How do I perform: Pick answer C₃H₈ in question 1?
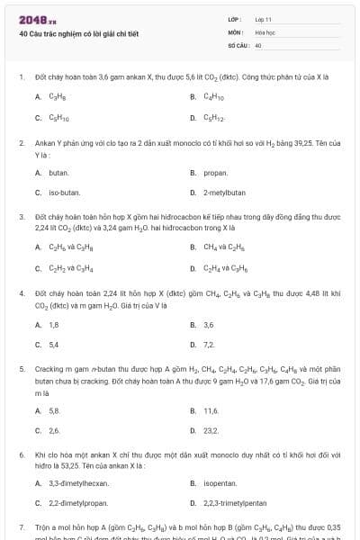(58, 96)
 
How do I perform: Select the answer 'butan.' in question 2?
(58, 172)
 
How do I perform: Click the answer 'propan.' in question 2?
(215, 172)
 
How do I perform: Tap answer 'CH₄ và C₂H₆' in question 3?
(223, 247)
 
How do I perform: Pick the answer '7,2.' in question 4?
(210, 345)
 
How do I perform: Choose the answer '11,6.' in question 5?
(211, 410)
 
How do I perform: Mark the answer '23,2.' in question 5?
(211, 430)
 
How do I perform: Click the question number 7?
(21, 525)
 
